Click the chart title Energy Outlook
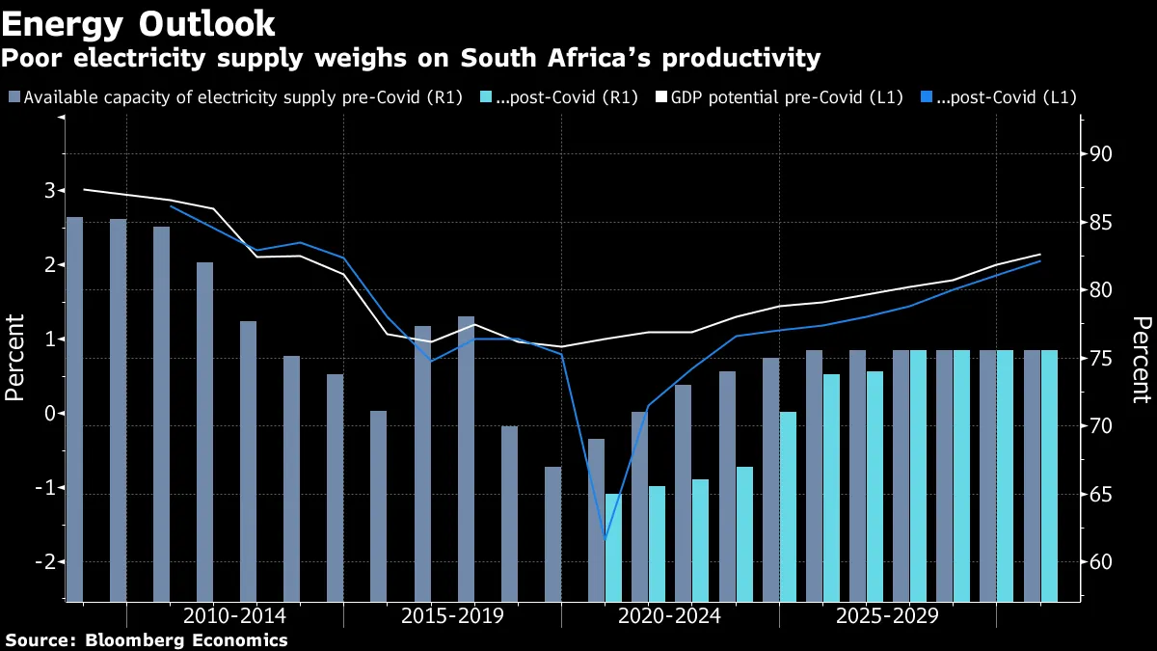tap(140, 22)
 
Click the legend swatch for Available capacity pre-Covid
tap(13, 97)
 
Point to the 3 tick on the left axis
tap(48, 191)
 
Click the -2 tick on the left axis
tap(44, 562)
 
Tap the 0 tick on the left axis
tap(48, 414)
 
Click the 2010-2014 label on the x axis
tap(234, 616)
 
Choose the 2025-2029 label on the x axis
tap(887, 616)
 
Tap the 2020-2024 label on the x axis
tap(669, 616)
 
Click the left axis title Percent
tap(16, 358)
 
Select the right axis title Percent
tap(1142, 358)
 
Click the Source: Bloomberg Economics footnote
tap(147, 639)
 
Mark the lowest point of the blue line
tap(605, 537)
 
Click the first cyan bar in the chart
tap(613, 547)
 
